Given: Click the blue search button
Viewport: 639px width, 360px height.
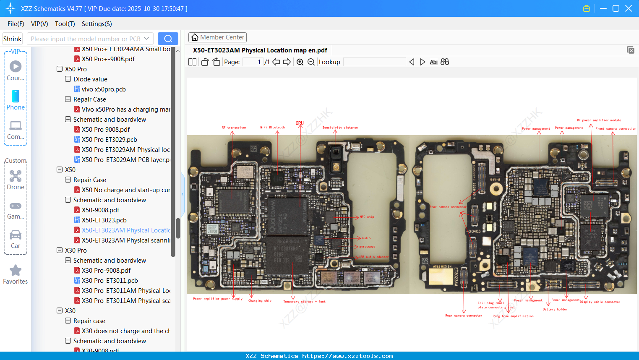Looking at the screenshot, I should (x=168, y=39).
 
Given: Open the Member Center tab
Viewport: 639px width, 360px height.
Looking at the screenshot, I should (x=217, y=37).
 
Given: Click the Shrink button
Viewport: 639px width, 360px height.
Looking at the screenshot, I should (x=13, y=39).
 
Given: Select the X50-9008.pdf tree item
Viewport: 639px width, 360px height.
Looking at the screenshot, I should (x=100, y=210).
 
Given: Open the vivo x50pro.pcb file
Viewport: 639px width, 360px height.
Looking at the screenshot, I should (x=104, y=89).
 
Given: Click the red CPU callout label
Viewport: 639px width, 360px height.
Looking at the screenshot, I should (x=300, y=123).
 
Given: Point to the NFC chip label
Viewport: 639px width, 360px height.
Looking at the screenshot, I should (x=367, y=217).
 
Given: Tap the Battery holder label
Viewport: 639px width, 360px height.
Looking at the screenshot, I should (x=555, y=309).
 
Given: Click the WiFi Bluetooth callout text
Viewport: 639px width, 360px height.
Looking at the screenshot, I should (x=272, y=128).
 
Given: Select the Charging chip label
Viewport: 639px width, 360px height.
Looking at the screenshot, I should (x=260, y=301).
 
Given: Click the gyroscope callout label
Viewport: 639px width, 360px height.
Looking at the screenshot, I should (x=367, y=247).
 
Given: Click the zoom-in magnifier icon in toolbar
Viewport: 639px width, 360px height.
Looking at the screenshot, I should (x=300, y=62).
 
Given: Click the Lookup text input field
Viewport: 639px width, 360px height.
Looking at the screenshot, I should (x=374, y=62).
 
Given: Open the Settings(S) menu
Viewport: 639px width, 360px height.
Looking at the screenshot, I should (x=97, y=24).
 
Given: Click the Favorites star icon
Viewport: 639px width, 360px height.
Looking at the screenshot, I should (x=16, y=271).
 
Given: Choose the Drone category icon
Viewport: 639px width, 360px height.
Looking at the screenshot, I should (x=16, y=177).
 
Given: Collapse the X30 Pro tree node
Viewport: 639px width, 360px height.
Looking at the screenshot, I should (x=60, y=250).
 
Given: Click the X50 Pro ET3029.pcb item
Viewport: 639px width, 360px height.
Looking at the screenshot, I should (x=109, y=140).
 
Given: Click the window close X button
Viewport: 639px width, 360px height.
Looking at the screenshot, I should (x=629, y=8).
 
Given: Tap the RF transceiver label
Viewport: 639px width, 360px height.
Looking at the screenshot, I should (x=234, y=128).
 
